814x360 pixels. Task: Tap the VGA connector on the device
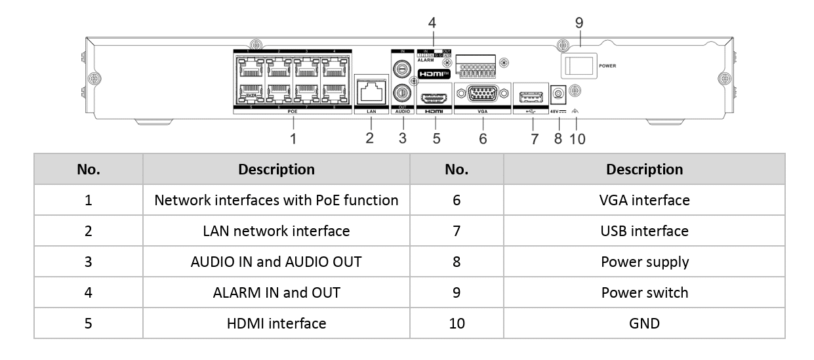[483, 96]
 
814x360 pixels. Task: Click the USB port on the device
[533, 97]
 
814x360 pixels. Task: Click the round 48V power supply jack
[558, 96]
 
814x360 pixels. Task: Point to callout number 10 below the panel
[577, 139]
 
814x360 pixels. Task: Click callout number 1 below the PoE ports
[293, 139]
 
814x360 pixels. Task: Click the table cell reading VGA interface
[644, 200]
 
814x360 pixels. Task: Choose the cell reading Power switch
[644, 292]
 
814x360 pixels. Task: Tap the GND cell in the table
[644, 323]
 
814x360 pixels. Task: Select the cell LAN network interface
[276, 231]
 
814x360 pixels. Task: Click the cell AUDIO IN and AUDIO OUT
[276, 262]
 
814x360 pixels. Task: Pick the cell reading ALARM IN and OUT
[276, 292]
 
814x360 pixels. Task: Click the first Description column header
[276, 169]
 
